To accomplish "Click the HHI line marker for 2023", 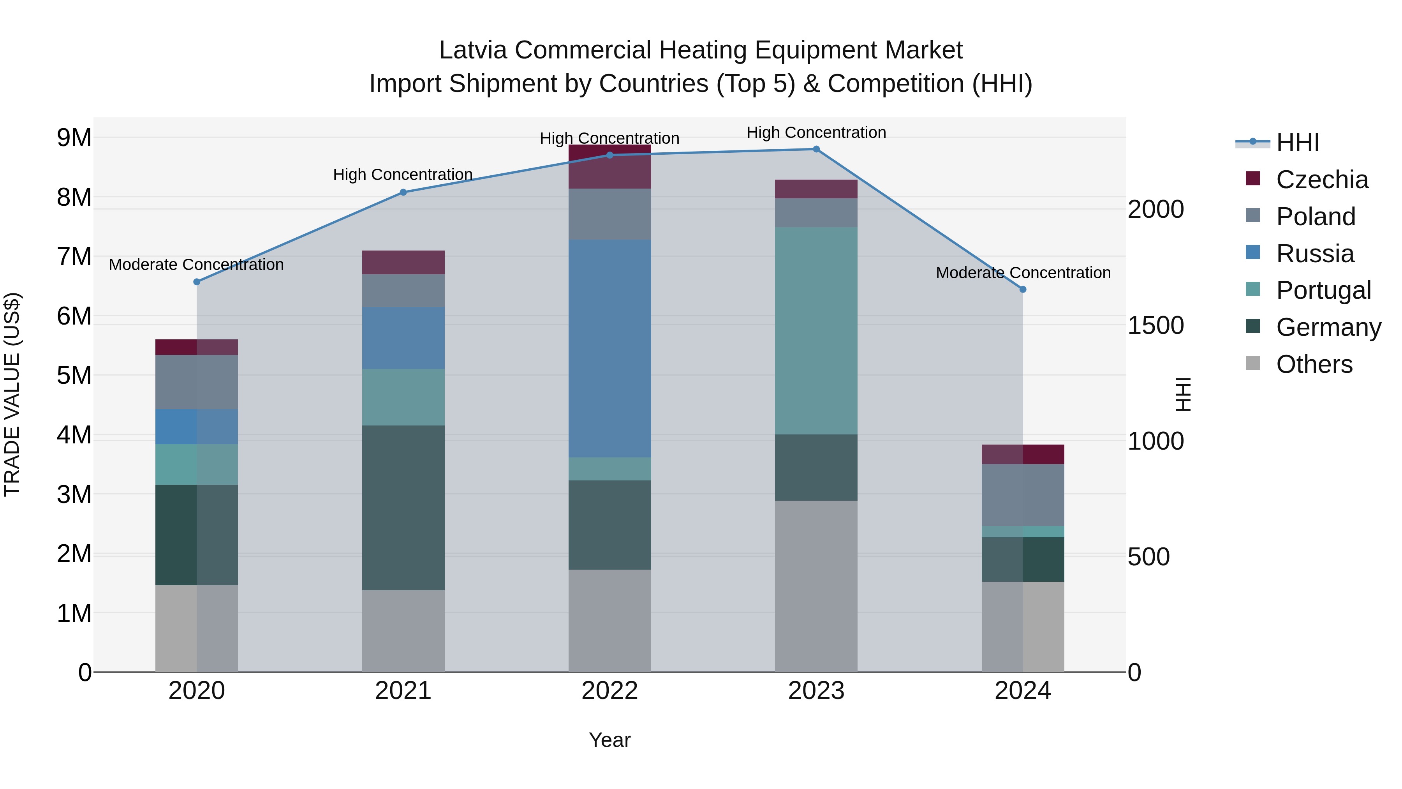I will click(x=816, y=149).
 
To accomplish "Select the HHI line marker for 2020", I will click(x=197, y=282).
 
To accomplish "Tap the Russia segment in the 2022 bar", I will click(x=609, y=348).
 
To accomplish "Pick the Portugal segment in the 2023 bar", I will click(x=816, y=330).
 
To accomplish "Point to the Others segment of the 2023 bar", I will click(x=816, y=586).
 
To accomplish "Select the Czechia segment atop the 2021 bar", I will click(x=403, y=263).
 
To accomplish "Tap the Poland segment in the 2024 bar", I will click(x=1023, y=495).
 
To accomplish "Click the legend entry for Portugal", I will click(x=1323, y=290).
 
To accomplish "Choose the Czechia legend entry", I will click(x=1321, y=180).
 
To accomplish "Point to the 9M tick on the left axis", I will click(x=74, y=138).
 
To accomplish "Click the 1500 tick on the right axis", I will click(x=1155, y=326).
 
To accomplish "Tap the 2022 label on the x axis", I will click(x=609, y=691).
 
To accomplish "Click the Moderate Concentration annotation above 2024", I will click(x=1023, y=273).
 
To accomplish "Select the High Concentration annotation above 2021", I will click(x=403, y=175).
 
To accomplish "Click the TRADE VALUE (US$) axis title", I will click(x=12, y=394).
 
